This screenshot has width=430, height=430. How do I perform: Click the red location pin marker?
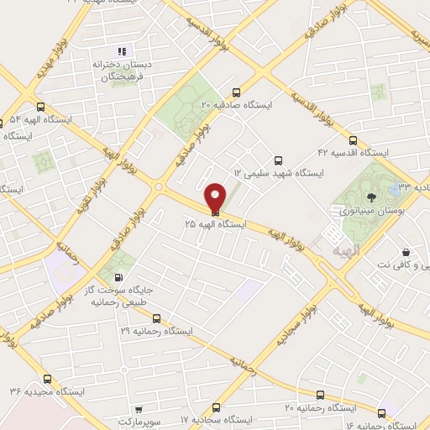(216, 197)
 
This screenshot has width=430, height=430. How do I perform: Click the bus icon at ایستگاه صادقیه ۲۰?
(236, 92)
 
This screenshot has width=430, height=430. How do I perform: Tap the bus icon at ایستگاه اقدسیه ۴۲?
(353, 140)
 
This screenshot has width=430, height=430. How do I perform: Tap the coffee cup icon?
(406, 252)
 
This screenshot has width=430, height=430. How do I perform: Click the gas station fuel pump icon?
(118, 278)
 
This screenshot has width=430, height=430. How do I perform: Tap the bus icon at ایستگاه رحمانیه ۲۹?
(156, 318)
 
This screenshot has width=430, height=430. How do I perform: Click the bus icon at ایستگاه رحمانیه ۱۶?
(382, 413)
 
